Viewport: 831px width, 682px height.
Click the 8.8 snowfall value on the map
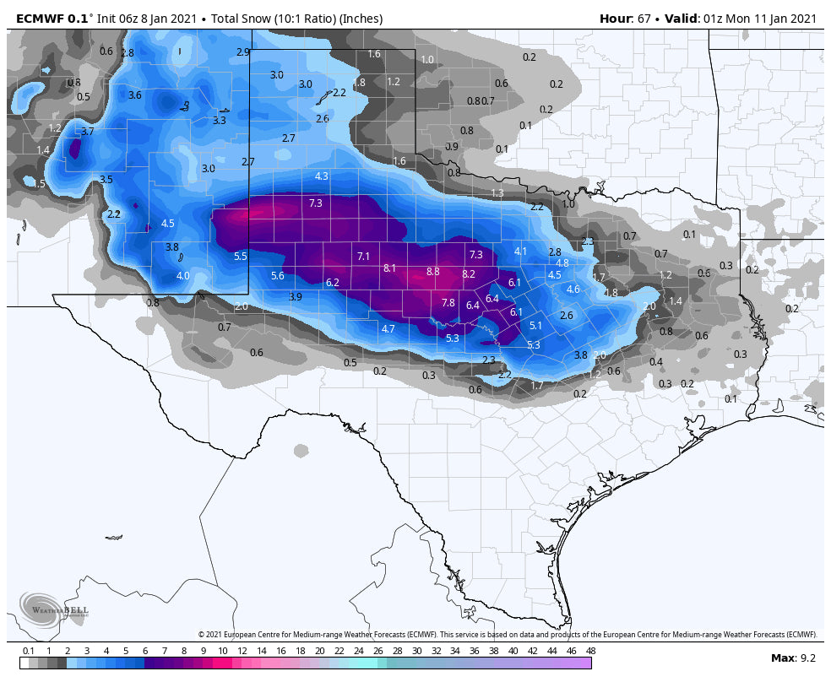pos(433,272)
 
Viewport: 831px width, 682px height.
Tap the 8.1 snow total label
pos(390,268)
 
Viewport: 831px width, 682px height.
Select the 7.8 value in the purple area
pos(448,303)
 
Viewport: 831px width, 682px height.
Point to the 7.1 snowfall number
pos(364,256)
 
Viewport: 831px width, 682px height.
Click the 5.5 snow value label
pos(241,257)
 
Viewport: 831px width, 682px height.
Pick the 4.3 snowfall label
pos(322,176)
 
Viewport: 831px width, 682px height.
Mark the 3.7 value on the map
pos(88,132)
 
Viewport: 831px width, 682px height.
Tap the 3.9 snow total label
pos(296,297)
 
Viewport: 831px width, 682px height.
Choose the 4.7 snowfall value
pos(388,329)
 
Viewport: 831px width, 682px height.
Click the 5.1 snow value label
pos(535,326)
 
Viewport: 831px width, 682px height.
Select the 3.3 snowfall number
pos(220,121)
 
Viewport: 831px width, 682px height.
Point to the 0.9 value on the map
pos(452,147)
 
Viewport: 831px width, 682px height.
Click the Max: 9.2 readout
pos(793,658)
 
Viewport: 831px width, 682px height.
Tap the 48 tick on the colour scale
pos(590,651)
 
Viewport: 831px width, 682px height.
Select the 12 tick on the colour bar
pos(242,651)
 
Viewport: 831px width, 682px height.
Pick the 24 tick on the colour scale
pos(358,651)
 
